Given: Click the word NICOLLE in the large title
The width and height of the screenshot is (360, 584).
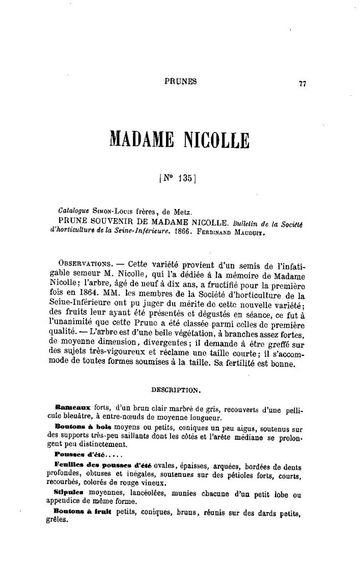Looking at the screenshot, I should click(x=209, y=139).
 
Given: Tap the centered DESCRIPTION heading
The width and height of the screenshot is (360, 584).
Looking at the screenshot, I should click(x=176, y=390).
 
